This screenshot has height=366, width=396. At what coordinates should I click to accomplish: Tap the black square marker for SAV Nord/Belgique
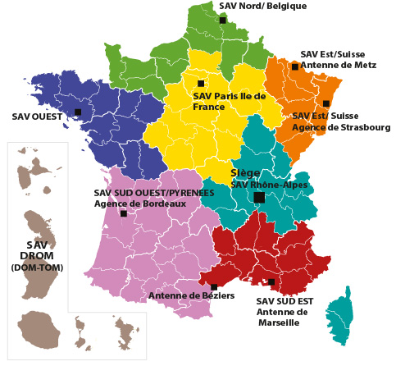pos(222,21)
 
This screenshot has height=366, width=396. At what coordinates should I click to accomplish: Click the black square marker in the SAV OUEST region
pos(78,112)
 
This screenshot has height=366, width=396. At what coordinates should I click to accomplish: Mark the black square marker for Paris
pos(201,83)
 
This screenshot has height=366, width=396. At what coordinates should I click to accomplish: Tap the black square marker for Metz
pos(294,66)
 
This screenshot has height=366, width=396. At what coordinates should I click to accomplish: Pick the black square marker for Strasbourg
pos(326,103)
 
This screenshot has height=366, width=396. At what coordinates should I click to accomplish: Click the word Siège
pos(246,173)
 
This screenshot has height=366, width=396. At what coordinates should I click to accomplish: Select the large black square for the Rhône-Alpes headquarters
pos(259,198)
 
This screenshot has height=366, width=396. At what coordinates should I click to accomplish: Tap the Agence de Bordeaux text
pos(129,204)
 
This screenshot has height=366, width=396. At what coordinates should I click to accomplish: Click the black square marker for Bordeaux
pos(124,213)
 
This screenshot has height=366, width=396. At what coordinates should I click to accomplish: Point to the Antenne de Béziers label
pos(180,295)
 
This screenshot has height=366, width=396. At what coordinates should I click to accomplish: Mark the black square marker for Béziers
pos(214,287)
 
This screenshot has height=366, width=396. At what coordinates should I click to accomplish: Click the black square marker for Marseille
pos(271,282)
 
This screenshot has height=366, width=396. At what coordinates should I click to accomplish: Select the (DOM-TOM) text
pos(37,268)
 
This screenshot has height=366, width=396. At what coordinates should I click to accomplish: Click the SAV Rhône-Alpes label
pos(263,185)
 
